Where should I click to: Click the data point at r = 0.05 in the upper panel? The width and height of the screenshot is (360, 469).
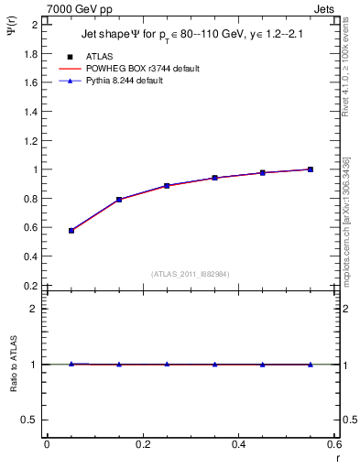click(71, 231)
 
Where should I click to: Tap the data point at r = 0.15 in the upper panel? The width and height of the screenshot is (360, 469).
click(119, 199)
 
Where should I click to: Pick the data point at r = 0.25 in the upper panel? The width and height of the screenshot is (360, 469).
click(167, 185)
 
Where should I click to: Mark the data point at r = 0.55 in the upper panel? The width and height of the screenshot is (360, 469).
click(311, 169)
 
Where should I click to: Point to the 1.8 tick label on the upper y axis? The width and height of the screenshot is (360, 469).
click(30, 53)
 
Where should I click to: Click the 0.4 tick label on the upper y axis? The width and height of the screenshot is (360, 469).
click(30, 256)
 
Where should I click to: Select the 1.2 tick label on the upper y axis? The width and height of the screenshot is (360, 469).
click(30, 140)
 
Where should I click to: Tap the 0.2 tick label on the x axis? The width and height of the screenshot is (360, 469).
click(143, 444)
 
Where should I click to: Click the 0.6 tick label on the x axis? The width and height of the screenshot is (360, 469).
click(333, 444)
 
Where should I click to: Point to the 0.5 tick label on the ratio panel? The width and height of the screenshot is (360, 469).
click(30, 420)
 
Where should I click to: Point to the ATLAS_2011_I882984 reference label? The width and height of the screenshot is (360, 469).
click(191, 274)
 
